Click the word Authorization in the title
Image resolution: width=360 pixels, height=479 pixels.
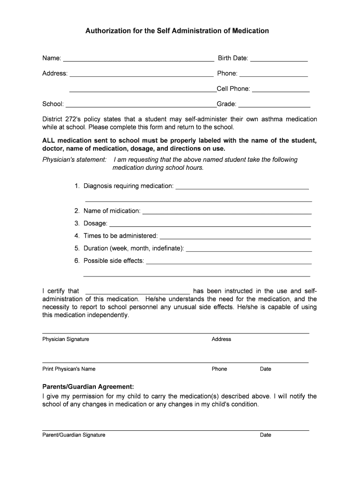pyautogui.click(x=107, y=31)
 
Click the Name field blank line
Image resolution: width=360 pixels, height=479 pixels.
pyautogui.click(x=138, y=60)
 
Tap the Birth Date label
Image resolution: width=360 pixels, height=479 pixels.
pyautogui.click(x=233, y=58)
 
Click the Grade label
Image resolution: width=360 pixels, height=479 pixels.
pyautogui.click(x=226, y=104)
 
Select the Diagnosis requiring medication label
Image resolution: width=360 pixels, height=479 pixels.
pyautogui.click(x=129, y=186)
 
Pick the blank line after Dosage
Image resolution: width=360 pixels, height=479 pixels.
pyautogui.click(x=210, y=226)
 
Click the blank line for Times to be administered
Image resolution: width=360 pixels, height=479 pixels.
pyautogui.click(x=235, y=238)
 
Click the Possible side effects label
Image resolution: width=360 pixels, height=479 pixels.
pyautogui.click(x=114, y=261)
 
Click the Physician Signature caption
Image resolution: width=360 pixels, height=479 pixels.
pyautogui.click(x=65, y=339)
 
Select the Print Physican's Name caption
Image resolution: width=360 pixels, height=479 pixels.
pyautogui.click(x=69, y=369)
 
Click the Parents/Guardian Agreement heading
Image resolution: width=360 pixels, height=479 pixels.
pyautogui.click(x=88, y=387)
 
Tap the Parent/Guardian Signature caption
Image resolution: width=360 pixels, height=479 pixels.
pyautogui.click(x=74, y=435)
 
